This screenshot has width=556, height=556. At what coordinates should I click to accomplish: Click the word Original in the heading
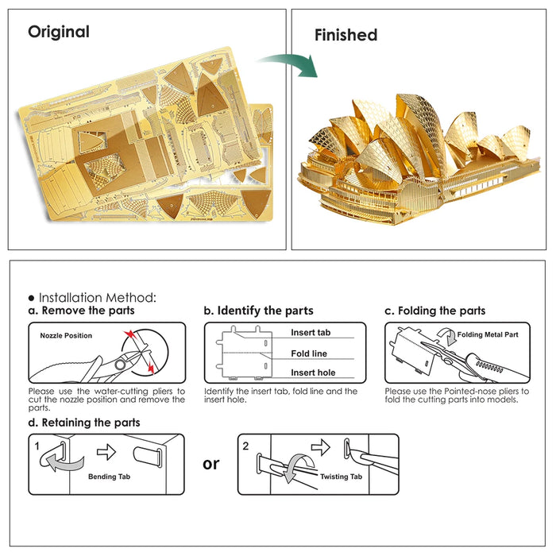59,33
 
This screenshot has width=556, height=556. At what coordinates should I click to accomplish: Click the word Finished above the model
346,35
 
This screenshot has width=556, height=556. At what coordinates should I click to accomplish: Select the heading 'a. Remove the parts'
81,311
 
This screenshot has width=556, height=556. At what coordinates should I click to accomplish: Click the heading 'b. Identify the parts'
258,311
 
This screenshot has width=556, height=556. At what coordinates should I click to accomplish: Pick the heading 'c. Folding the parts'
434,311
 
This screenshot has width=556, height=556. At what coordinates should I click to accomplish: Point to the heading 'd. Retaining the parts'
84,423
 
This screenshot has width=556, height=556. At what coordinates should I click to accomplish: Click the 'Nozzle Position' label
66,336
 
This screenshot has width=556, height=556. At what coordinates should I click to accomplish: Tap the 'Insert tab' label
311,333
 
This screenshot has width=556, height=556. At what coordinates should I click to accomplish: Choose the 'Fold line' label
309,353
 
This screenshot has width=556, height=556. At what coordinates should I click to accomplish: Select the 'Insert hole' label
313,373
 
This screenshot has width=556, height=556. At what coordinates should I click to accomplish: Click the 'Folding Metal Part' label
488,335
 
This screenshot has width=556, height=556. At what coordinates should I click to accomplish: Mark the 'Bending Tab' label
109,477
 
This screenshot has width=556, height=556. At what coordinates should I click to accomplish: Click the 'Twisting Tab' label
341,477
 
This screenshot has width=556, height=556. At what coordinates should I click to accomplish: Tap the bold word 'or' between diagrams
210,463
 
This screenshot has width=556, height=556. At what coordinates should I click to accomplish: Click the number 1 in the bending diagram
37,446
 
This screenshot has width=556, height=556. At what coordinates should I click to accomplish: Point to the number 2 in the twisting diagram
246,446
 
